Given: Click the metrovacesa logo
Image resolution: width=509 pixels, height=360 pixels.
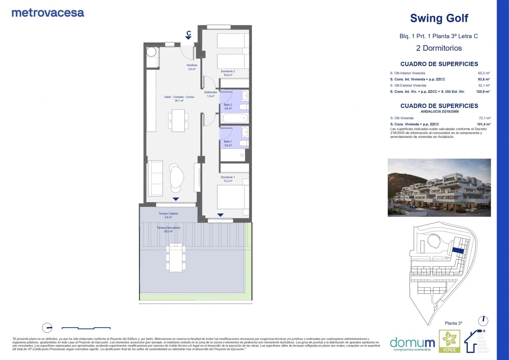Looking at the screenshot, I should (x=48, y=13).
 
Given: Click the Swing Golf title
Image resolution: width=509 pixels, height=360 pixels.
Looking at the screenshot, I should (x=439, y=18).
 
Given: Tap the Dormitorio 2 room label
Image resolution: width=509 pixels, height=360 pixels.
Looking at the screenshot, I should (x=228, y=73).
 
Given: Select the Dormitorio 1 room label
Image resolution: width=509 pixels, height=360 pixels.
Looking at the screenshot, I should (x=228, y=179).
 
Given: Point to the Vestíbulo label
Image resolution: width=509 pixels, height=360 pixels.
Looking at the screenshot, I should (x=192, y=67).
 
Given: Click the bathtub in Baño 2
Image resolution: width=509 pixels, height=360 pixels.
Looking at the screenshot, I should (x=235, y=118).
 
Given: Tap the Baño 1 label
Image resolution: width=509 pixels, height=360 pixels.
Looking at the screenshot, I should (x=228, y=143).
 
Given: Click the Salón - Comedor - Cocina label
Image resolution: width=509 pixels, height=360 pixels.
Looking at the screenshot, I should (x=179, y=99).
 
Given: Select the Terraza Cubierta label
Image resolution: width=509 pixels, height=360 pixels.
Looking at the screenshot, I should (x=168, y=215).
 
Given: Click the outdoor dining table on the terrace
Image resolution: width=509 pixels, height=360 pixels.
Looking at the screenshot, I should (x=176, y=257).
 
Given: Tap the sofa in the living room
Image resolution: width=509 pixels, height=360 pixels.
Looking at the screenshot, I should (x=156, y=179).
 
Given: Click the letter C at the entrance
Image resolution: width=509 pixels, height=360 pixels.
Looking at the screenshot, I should (x=189, y=33).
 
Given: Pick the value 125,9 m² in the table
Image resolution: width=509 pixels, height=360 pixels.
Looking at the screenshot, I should (x=483, y=92).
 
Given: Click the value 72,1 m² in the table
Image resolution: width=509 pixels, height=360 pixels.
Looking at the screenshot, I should (x=484, y=118).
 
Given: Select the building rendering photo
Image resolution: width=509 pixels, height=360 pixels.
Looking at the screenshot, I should (x=439, y=187).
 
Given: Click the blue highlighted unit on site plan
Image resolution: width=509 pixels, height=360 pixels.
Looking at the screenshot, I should (x=458, y=251).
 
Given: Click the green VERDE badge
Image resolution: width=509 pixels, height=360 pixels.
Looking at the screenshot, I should (x=449, y=341).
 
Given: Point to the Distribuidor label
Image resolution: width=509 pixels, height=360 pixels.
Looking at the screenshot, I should (x=211, y=94).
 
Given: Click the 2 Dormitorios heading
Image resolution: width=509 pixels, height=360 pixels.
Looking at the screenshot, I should (x=439, y=48).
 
